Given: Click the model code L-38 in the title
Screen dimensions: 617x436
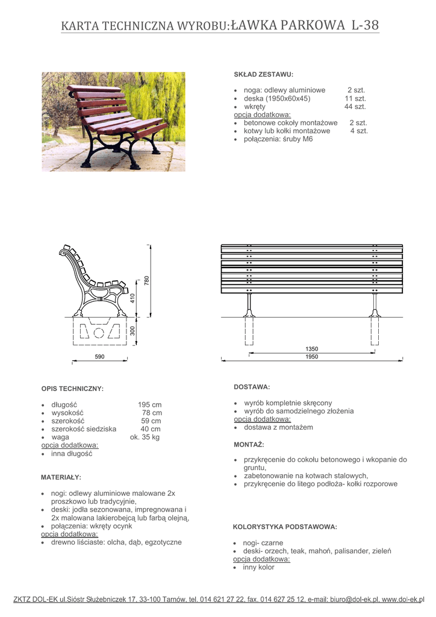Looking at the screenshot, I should [x=364, y=25].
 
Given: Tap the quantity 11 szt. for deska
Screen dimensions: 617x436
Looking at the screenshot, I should [x=355, y=98].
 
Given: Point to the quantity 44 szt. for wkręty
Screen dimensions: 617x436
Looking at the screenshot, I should [x=355, y=107].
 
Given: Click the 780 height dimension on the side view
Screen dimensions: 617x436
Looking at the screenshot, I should [x=146, y=280].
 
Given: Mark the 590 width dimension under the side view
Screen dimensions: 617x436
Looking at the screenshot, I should [x=100, y=357].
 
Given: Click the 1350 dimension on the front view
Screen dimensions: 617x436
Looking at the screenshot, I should [x=311, y=349].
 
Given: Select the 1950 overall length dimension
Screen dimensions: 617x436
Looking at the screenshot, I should [x=311, y=357].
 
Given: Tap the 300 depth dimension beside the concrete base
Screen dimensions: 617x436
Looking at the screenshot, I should [x=132, y=330].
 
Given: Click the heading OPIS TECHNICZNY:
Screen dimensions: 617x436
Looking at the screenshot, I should [x=72, y=389].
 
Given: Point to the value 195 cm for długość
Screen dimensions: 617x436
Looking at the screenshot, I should [x=150, y=404].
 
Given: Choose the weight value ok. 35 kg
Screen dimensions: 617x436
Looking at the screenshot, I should [x=145, y=437].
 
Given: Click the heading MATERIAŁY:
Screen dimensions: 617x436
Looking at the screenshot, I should [x=61, y=477].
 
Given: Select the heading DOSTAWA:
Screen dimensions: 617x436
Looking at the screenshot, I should [x=252, y=386].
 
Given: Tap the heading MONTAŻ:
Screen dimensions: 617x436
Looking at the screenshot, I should [x=249, y=444].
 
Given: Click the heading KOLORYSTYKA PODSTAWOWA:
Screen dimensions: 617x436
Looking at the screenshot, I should [x=285, y=527].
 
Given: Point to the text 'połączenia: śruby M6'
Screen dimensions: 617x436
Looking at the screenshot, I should [x=278, y=139].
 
